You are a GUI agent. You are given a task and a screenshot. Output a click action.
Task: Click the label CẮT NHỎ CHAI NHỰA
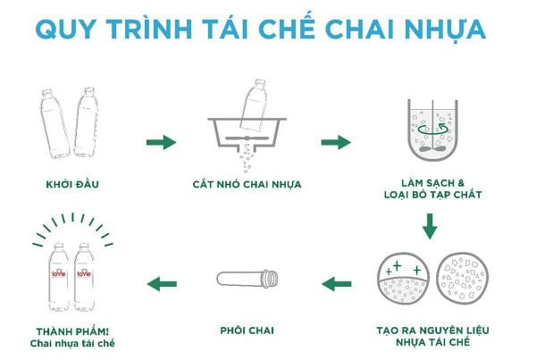point(247,186)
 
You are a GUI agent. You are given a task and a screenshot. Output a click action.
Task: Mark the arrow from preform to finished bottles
point(161,284)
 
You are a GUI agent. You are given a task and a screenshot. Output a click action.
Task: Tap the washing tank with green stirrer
point(429,132)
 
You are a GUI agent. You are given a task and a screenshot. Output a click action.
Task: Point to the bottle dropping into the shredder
point(254,105)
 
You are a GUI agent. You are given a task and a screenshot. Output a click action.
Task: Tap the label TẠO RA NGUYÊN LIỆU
point(430,329)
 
